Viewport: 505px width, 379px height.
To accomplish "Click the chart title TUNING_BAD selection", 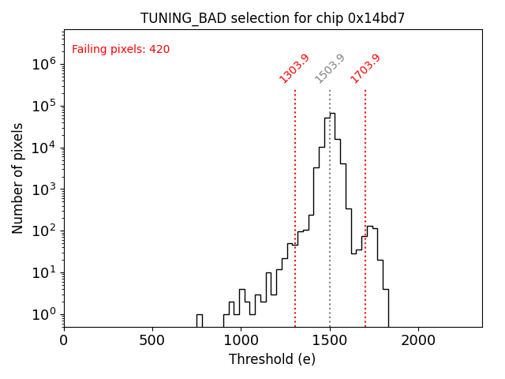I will tap(272, 18).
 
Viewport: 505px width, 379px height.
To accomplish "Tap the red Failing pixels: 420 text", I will tap(121, 50).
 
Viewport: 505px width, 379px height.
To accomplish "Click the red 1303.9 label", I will tap(294, 69).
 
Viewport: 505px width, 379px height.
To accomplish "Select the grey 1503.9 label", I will tap(330, 69).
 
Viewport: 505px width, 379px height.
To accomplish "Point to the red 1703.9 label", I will tap(365, 69).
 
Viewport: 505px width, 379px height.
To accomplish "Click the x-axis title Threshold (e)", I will tap(272, 359).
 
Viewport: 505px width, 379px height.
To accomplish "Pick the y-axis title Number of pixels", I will tap(18, 178).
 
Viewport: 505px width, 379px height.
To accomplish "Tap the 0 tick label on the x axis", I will tap(64, 340).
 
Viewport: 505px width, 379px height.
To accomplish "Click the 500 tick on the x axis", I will tap(152, 340).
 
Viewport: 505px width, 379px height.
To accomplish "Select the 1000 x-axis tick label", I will tap(241, 340).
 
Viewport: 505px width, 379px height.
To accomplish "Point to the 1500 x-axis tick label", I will tap(330, 340).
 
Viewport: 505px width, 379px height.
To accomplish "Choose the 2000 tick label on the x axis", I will tap(418, 340).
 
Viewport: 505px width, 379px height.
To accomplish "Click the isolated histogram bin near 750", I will tap(200, 319).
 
